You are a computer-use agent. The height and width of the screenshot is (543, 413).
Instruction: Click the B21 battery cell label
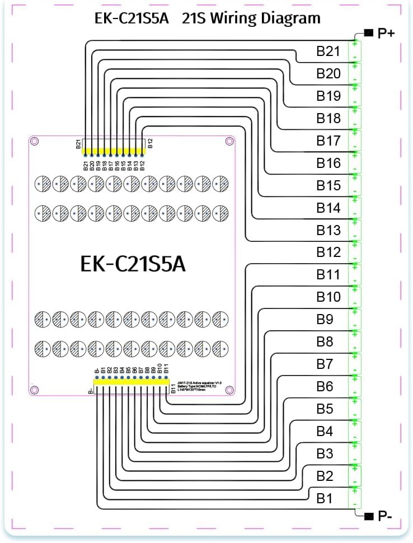point(328,52)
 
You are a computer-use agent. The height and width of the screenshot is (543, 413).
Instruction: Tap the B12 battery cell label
point(328,252)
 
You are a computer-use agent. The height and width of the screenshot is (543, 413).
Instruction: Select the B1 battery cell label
point(325,498)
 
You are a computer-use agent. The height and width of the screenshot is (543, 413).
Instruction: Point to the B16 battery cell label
point(328,163)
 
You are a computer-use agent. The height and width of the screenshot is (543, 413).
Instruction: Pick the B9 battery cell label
point(325,320)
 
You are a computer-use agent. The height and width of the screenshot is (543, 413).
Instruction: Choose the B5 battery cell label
point(325,409)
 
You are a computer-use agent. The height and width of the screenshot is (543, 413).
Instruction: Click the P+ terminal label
point(386,34)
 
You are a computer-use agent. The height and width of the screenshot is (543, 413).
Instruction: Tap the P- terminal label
point(385,516)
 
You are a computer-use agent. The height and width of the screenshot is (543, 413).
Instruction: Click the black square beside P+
point(368,33)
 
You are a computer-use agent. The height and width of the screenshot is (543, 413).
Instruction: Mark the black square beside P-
point(368,516)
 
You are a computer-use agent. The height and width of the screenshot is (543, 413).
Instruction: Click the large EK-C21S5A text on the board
point(133,264)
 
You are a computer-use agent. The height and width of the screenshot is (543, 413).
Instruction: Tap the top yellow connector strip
point(114,151)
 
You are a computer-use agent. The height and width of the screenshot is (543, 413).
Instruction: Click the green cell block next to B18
point(355,118)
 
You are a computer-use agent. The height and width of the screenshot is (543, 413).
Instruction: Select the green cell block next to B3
point(355,453)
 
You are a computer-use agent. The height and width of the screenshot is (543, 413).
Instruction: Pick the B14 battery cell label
point(328,208)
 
